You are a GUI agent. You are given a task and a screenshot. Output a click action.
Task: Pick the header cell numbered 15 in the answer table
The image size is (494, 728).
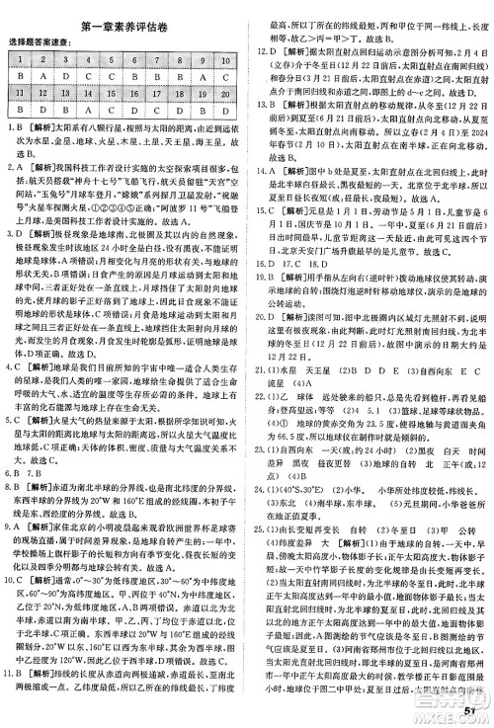(x=113, y=91)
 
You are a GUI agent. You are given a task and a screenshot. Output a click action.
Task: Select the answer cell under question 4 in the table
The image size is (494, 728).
(x=89, y=74)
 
